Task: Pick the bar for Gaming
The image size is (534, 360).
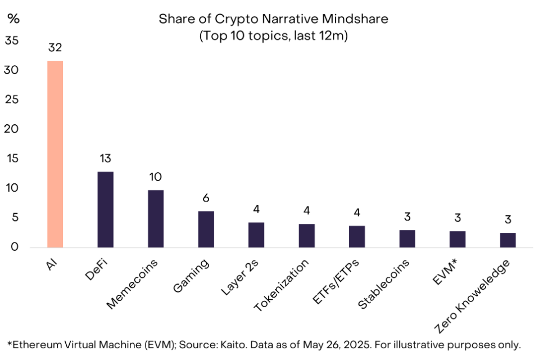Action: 206,229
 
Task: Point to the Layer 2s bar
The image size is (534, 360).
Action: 256,235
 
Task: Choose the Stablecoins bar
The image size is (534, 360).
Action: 408,238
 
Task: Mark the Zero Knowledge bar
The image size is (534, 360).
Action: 508,240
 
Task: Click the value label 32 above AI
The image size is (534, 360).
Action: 55,48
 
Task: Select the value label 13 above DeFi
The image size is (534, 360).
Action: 105,159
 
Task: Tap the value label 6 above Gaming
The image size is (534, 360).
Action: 206,199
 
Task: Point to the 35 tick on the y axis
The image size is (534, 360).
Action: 12,41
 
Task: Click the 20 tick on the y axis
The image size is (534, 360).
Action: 12,129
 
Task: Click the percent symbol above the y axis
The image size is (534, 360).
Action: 13,18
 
